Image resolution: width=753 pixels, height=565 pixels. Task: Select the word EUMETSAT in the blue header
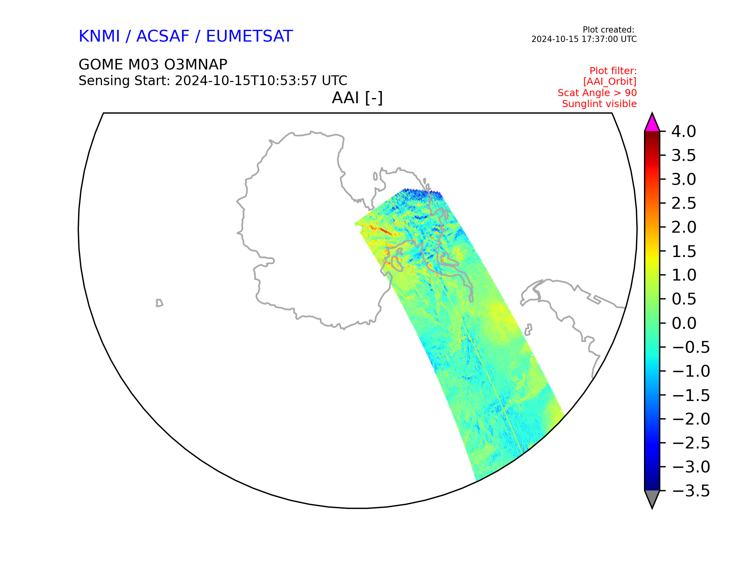click(249, 36)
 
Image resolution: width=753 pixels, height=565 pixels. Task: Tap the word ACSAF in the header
click(163, 36)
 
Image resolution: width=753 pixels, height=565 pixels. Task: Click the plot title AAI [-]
click(357, 98)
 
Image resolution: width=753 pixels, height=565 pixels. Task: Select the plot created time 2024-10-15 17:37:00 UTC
click(584, 39)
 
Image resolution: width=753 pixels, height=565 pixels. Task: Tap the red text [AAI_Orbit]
click(610, 82)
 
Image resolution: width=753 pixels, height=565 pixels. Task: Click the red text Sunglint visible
click(599, 104)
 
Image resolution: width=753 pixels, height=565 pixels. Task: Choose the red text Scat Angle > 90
click(597, 93)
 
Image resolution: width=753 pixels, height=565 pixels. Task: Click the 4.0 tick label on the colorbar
click(684, 132)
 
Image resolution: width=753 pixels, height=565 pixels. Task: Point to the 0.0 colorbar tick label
click(684, 323)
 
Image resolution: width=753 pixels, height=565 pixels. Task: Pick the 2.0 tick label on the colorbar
click(684, 228)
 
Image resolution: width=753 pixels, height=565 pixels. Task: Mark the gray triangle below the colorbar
click(652, 498)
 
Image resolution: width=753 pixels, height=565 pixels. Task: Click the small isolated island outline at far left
click(159, 303)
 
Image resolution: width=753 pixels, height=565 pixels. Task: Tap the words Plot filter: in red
click(613, 71)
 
